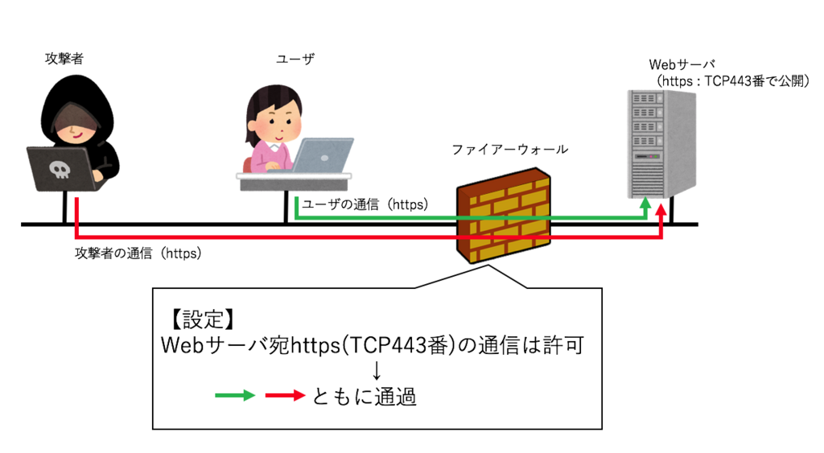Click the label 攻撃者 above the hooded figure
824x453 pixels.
tap(64, 58)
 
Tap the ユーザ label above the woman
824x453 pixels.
tap(295, 59)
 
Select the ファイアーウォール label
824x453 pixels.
tap(509, 149)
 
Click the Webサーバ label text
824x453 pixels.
tap(682, 64)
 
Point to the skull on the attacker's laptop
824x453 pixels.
tap(60, 170)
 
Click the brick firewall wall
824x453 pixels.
tap(504, 215)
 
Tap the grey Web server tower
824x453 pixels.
tap(662, 144)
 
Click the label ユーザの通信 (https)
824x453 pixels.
tap(365, 204)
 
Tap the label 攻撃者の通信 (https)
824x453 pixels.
tap(138, 253)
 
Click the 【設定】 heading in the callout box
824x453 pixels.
tap(202, 319)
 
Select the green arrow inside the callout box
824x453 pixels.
tap(235, 395)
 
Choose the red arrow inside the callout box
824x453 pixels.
tap(286, 395)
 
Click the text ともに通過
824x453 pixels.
tap(365, 396)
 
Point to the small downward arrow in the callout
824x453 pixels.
tap(377, 370)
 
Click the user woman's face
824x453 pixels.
tap(277, 122)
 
